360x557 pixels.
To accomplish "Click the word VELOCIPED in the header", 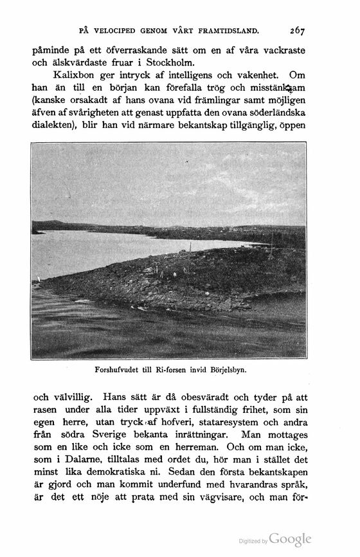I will (122, 30).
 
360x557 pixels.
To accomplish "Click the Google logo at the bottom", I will (290, 539).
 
